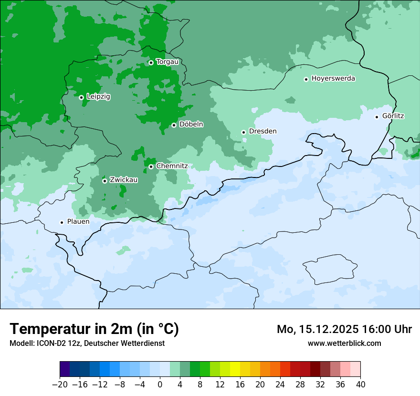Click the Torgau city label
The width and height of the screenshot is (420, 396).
167,62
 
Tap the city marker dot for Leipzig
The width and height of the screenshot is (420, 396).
81,97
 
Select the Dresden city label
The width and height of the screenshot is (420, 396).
262,131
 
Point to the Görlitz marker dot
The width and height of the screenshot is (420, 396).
377,117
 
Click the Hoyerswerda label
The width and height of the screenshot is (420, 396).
333,78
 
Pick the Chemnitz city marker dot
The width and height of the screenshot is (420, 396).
151,167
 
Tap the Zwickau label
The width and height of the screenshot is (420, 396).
124,180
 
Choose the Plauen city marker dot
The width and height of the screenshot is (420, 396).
62,222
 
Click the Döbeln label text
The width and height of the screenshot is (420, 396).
191,125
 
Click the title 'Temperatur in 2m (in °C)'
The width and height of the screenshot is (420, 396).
94,329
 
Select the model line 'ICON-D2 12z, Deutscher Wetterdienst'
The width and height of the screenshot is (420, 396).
87,344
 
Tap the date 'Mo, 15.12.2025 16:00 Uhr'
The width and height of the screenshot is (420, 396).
344,329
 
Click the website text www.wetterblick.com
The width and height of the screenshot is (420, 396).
344,344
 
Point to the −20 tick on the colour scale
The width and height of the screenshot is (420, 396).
60,385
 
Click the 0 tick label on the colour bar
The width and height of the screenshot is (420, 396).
160,385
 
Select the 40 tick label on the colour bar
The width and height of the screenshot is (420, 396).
360,385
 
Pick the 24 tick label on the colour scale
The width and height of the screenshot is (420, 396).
280,385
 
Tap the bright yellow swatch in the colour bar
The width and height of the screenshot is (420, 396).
235,369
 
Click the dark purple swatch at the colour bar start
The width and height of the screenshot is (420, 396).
65,369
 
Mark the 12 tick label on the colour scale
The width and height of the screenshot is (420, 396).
220,385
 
